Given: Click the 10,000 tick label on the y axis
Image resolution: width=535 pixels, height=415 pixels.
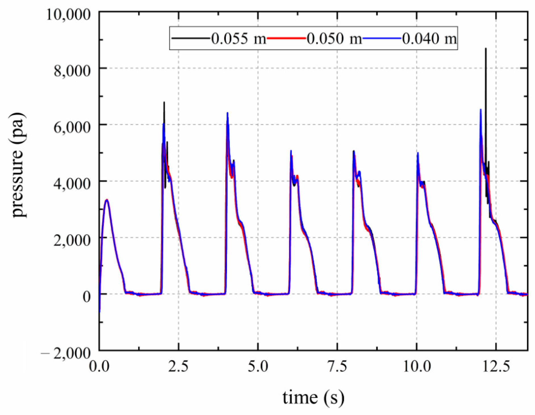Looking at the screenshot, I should (x=68, y=14).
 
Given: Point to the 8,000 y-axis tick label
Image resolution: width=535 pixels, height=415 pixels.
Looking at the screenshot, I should (x=72, y=70).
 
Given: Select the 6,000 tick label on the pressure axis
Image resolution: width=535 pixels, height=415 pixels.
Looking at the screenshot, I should (x=72, y=127).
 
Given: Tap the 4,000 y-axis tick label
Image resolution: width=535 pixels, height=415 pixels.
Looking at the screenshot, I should (x=72, y=183).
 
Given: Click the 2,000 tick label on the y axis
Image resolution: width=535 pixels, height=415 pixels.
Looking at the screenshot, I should (x=72, y=240).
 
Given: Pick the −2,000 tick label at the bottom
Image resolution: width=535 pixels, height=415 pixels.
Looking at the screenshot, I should (x=66, y=353).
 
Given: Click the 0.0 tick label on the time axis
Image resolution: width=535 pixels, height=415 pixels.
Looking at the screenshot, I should (x=99, y=366).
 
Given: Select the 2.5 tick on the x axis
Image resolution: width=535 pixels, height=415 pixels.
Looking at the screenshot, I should (x=178, y=366).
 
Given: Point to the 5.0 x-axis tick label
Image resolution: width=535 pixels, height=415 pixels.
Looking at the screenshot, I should (x=258, y=366).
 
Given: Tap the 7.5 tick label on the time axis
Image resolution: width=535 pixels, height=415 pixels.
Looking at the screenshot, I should (x=337, y=366).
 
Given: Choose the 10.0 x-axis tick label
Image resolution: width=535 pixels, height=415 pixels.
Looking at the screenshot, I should (x=417, y=366).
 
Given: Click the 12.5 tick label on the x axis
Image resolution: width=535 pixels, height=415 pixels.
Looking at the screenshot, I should (x=496, y=366).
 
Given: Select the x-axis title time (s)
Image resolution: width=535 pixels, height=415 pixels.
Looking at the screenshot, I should (x=313, y=397).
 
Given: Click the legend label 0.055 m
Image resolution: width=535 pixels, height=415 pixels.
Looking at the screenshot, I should (x=239, y=38).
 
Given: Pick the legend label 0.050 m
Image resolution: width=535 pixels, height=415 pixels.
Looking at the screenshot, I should (x=334, y=38).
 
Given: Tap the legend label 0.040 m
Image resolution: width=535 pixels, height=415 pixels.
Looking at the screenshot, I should (x=429, y=38).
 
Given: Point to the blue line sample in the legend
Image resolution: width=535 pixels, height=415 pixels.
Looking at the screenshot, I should (x=382, y=38).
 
